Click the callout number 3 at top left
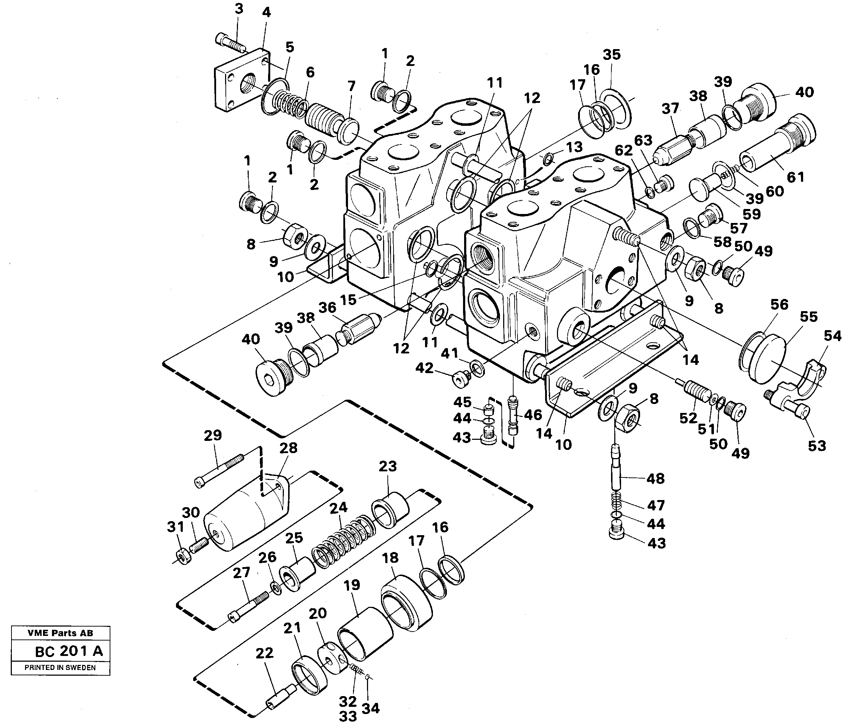239,9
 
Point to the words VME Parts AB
60,633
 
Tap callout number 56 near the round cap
779,304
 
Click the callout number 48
655,478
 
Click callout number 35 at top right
611,54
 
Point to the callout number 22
264,653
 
